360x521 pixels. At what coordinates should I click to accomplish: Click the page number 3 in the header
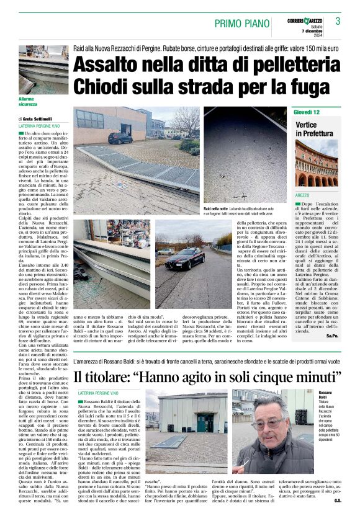pos(338,21)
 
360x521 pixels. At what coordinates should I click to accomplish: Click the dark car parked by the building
pos(120,138)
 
